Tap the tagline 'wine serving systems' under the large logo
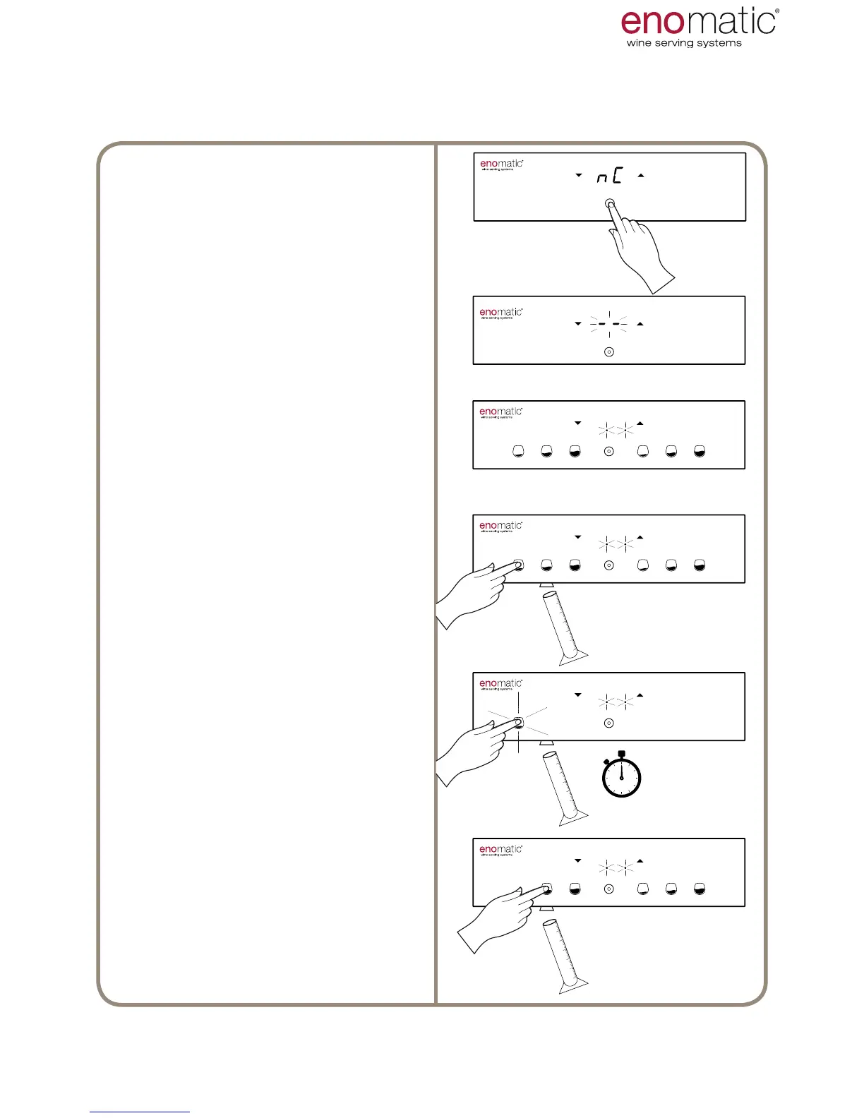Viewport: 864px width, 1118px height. (x=683, y=43)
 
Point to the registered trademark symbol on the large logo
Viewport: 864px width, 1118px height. (x=777, y=11)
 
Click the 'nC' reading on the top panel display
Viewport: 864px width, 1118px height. (x=609, y=176)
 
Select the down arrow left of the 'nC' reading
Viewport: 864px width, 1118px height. (x=578, y=175)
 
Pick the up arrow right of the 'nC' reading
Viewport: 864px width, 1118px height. (x=641, y=175)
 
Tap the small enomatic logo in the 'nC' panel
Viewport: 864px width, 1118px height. (x=501, y=164)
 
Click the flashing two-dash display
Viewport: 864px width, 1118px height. (x=609, y=324)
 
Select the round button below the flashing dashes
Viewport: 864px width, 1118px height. (x=609, y=351)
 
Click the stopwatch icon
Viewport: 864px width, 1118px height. (x=621, y=776)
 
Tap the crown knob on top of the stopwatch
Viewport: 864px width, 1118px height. (x=621, y=755)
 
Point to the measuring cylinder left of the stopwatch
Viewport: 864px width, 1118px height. (x=563, y=787)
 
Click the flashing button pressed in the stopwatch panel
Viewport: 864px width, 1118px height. (x=519, y=722)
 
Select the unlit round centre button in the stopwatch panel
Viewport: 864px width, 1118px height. (x=609, y=723)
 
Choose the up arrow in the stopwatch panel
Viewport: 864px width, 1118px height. (x=640, y=695)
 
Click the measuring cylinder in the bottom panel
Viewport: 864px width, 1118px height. (x=565, y=953)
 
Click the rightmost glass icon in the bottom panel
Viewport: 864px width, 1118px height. (x=700, y=889)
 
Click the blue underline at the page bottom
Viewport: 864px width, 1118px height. (x=140, y=1112)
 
